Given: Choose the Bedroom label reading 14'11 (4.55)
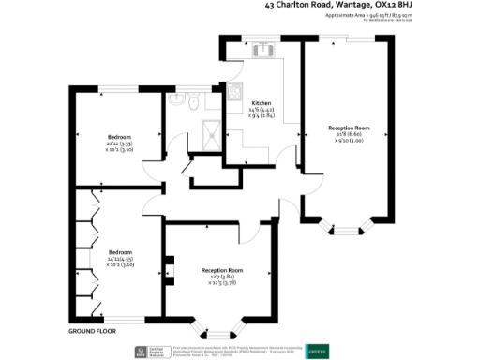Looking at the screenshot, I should pos(118,259).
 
